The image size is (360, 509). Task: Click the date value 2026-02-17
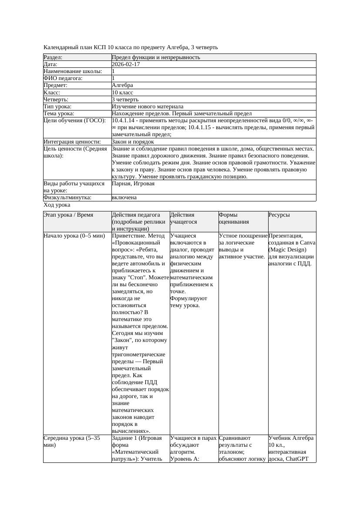click(x=126, y=64)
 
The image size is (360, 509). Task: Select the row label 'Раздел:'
click(x=53, y=57)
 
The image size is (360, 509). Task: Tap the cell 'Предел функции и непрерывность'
click(x=156, y=57)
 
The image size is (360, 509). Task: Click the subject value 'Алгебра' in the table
click(x=122, y=85)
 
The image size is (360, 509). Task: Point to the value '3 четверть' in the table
click(x=125, y=100)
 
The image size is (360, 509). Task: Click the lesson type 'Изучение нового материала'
click(x=148, y=107)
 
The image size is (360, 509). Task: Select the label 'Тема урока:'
click(x=59, y=114)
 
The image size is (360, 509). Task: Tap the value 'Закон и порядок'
click(x=133, y=142)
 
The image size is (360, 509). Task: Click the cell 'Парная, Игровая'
click(x=133, y=184)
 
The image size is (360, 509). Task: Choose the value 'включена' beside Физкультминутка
click(x=124, y=198)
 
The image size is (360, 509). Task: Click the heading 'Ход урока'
click(x=57, y=205)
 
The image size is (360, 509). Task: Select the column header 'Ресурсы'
click(x=279, y=215)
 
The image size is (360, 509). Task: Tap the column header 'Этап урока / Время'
click(x=68, y=215)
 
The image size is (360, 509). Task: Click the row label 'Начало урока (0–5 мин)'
click(x=74, y=236)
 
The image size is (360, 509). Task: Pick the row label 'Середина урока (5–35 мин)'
click(x=72, y=442)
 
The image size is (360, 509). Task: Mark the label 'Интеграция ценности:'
click(x=72, y=142)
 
